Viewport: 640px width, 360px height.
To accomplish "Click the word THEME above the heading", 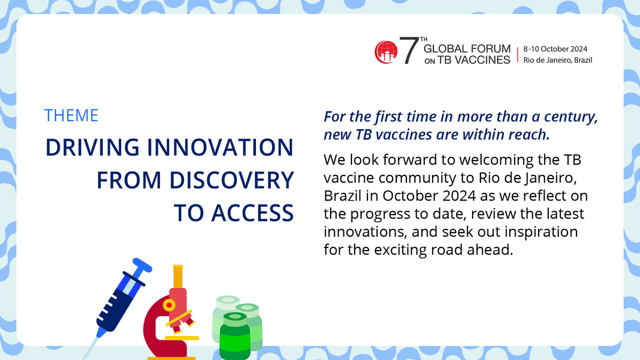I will pos(71,115).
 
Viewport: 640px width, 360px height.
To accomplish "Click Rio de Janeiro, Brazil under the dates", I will pos(557,60).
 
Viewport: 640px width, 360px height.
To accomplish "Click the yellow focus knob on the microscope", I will pos(169,306).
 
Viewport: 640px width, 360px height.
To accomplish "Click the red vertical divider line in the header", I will pos(517,54).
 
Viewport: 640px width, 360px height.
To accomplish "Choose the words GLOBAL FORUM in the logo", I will pos(467,49).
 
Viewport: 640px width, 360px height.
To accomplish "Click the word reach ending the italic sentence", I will pos(530,135).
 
